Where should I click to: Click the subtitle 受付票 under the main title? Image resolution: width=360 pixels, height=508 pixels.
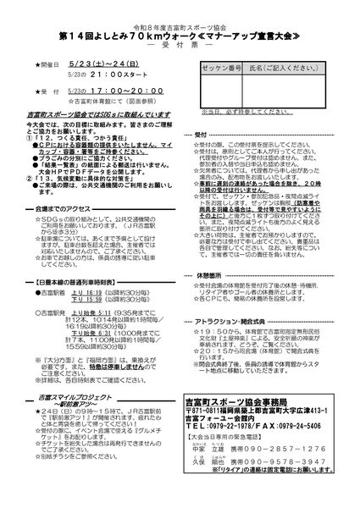[180, 48]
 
